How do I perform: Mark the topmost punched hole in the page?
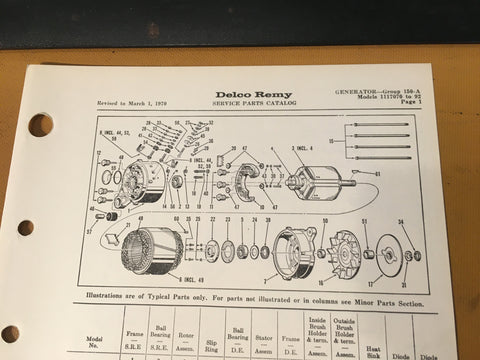[40, 125]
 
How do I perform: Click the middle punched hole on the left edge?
[27, 228]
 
